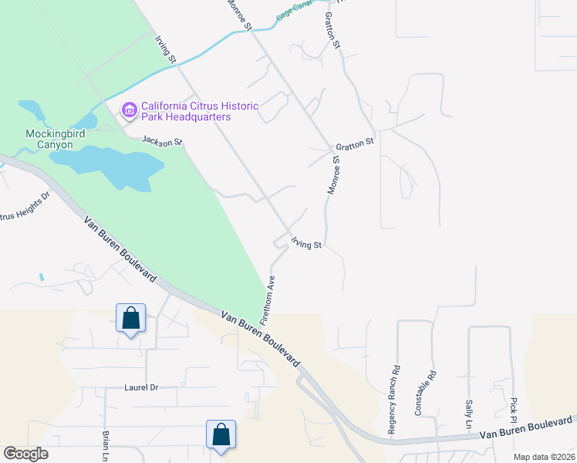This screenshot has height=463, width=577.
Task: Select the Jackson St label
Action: click(161, 141)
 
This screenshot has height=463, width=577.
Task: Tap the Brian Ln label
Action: click(106, 446)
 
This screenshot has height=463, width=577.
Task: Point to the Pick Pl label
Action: click(513, 411)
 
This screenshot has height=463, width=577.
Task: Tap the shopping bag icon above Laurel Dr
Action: click(130, 318)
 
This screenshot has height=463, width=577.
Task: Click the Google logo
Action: click(25, 454)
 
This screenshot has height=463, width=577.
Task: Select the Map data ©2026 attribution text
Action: click(543, 457)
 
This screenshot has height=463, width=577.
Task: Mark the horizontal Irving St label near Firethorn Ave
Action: click(306, 245)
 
